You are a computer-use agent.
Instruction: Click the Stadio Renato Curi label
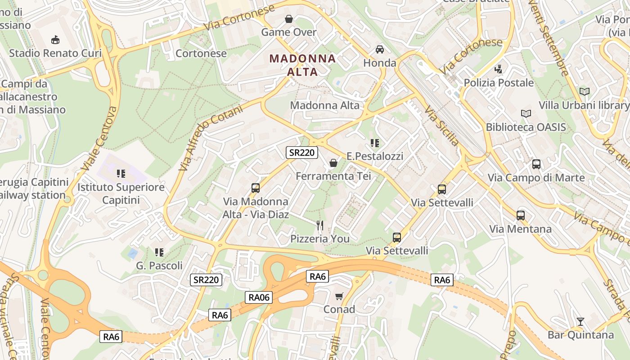click(x=55, y=53)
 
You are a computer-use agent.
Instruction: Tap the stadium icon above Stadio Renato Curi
click(x=55, y=40)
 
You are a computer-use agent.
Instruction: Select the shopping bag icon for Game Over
click(x=289, y=19)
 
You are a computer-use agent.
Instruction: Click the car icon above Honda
click(x=380, y=49)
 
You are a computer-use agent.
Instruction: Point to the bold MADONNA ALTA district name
click(x=302, y=65)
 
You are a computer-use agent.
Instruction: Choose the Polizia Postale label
click(x=499, y=83)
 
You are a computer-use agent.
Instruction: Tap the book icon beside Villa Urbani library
click(x=585, y=92)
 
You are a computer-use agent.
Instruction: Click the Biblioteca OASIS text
click(x=526, y=127)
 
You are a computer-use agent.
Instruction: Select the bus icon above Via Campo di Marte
click(x=536, y=164)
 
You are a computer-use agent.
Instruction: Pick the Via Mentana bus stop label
click(x=520, y=229)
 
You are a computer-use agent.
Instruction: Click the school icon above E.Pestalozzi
click(x=374, y=144)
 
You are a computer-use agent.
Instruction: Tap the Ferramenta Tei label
click(x=333, y=176)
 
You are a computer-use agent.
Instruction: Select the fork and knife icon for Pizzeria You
click(x=320, y=225)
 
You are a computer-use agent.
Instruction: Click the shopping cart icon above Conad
click(x=339, y=296)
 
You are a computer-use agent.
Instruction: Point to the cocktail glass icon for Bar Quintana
click(x=580, y=322)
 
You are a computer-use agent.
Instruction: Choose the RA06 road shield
click(x=259, y=297)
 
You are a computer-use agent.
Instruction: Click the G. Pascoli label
click(x=159, y=265)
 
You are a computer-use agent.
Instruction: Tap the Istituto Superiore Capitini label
click(x=121, y=193)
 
